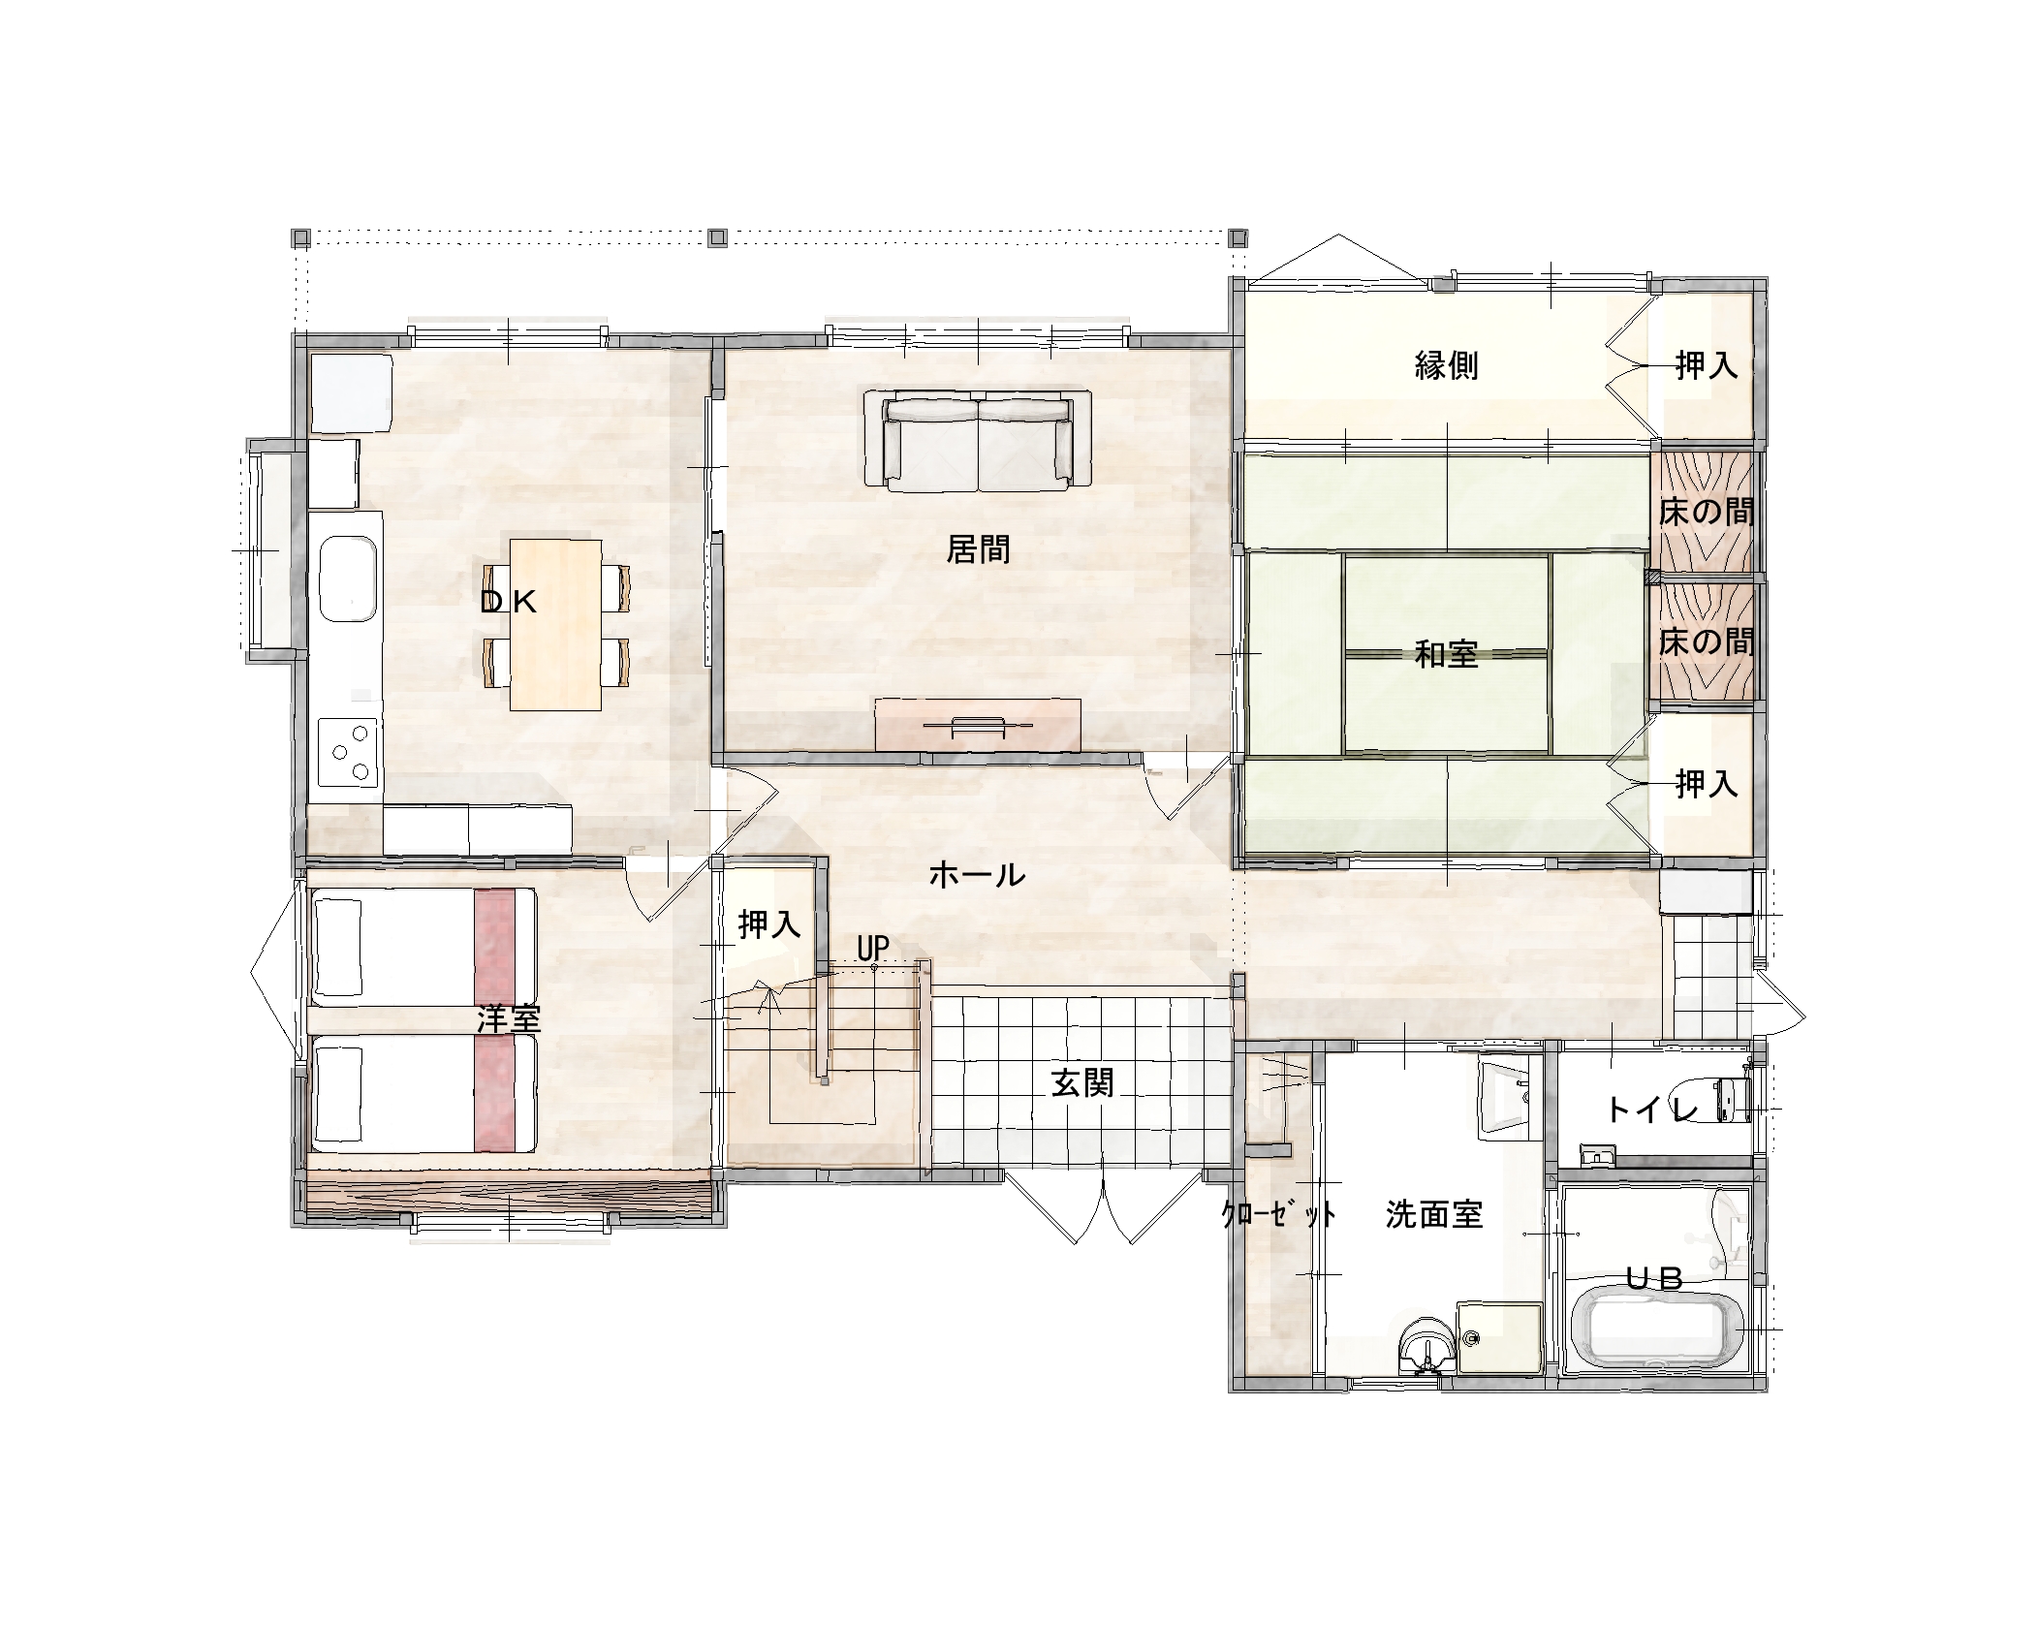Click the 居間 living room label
tap(978, 550)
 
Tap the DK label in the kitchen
tap(509, 603)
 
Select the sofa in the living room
tap(979, 439)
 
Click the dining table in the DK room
tap(555, 623)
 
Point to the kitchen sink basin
tap(346, 580)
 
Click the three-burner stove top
tap(348, 755)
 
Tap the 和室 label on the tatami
tap(1446, 655)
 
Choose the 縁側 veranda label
tap(1446, 365)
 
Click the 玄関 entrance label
tap(1082, 1083)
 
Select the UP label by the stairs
tap(873, 949)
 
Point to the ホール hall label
tap(977, 875)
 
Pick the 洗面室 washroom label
tap(1434, 1214)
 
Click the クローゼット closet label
tap(1279, 1214)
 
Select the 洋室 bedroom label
tap(509, 1018)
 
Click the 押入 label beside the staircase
tap(769, 924)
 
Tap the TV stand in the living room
tap(978, 724)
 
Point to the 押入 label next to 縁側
tap(1707, 365)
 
